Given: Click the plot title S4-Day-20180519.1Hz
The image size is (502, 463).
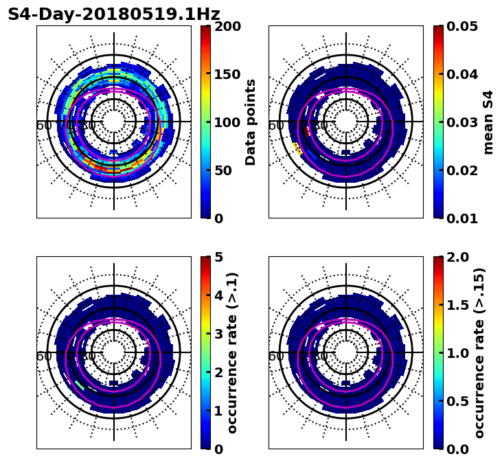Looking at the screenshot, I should (114, 14).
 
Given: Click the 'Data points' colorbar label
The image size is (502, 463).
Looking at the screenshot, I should (251, 122).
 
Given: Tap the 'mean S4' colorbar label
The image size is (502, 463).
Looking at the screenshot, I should (488, 122).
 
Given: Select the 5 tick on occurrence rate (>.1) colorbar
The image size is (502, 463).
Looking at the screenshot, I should (219, 257).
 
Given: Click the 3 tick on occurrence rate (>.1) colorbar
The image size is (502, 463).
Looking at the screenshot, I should (219, 334).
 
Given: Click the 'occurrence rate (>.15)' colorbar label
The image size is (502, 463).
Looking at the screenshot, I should (479, 353).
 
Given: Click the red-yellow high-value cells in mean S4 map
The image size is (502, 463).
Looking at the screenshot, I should (297, 148).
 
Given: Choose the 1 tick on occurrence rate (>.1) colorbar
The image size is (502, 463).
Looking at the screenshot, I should (219, 411).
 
